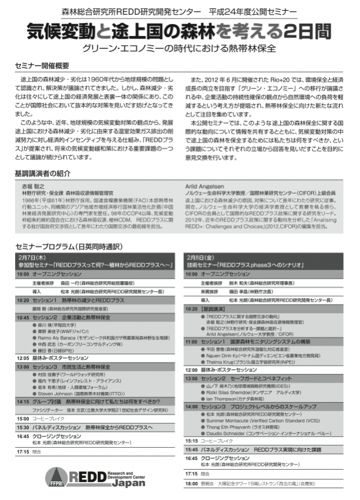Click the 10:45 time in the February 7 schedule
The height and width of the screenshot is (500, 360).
click(22, 318)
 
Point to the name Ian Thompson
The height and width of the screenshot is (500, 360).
click(222, 398)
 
